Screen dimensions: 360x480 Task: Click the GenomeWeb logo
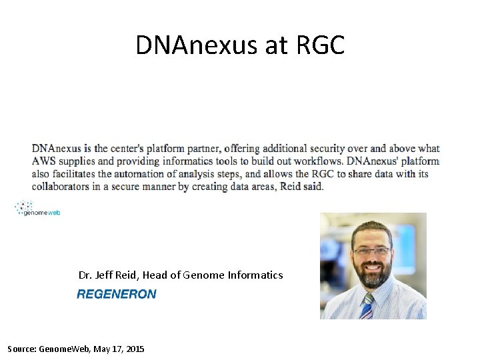38,208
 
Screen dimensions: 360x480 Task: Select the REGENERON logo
117,294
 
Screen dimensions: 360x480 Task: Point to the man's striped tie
367,306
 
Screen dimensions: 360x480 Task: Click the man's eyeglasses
372,251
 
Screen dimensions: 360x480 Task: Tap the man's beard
374,275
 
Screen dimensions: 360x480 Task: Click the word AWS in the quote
44,161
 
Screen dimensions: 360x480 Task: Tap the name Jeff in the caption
105,275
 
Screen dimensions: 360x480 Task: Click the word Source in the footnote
21,349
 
